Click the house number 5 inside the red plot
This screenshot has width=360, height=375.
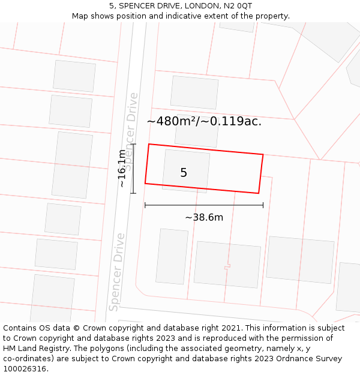[184, 173]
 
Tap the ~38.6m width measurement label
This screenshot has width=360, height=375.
[204, 217]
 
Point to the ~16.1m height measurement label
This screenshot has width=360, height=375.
[122, 169]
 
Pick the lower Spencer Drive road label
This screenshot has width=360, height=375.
[116, 272]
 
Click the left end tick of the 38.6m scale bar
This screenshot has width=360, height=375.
[145, 205]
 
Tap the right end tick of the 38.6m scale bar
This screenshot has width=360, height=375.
[263, 205]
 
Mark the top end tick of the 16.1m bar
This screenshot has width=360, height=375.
[133, 144]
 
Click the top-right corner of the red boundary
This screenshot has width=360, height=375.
[263, 155]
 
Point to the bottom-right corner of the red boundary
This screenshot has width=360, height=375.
[259, 193]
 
